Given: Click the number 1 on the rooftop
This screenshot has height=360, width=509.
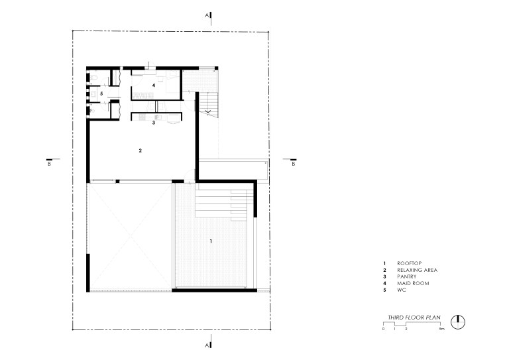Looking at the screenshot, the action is pos(211,241).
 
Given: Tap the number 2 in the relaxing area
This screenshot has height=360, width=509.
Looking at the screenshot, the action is pos(141,150).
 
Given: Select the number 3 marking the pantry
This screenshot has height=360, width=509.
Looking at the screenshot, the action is pos(154,123).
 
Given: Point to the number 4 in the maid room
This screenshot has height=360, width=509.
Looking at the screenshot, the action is pos(154,86).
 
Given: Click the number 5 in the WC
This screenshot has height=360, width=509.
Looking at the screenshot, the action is pos(101,94).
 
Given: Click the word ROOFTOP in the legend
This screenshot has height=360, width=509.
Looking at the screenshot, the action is pos(410,263).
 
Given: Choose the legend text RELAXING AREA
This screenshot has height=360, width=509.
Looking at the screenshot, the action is pos(417,270).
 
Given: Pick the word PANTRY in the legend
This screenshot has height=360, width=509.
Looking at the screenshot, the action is pos(407,276).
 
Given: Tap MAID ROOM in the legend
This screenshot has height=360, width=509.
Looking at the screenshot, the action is pos(413,283).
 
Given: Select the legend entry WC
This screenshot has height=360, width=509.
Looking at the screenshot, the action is pos(402,290).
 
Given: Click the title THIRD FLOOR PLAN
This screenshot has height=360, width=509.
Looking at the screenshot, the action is pos(414,318).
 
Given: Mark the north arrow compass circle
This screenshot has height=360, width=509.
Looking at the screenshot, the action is pos(458,322).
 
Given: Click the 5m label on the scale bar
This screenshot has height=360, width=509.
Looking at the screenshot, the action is pos(442,329).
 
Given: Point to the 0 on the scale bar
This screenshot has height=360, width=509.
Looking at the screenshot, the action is pos(383,329).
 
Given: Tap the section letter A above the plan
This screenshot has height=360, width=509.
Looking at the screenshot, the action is pos(207,15).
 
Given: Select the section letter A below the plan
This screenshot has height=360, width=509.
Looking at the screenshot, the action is pos(207,345).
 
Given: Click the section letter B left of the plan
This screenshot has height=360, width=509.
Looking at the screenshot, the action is pos(49,164).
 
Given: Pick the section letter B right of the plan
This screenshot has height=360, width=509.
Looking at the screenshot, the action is pos(294,164).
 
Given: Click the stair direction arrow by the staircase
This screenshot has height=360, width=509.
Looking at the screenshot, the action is pos(207,112).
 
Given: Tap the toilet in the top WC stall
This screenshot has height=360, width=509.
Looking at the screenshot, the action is pos(94,78).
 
